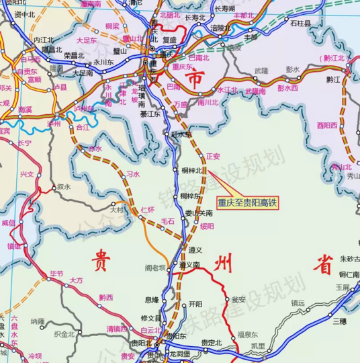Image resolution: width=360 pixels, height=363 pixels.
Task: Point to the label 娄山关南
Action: (199, 212)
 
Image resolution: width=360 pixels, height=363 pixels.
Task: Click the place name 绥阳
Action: (207, 227)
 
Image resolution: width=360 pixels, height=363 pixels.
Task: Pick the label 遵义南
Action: (189, 265)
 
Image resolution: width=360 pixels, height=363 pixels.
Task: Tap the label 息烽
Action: (152, 299)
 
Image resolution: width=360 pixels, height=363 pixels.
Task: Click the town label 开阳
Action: (195, 304)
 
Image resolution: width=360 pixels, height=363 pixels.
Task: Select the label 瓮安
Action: (238, 300)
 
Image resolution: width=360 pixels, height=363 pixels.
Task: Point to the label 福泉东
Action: (248, 334)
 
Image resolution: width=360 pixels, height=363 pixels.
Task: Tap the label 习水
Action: (133, 173)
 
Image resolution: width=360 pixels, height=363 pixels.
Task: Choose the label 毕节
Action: (56, 274)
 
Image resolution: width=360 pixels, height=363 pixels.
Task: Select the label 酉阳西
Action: (327, 125)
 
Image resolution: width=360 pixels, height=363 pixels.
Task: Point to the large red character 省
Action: (324, 265)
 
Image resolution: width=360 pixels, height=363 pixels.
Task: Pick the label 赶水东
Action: (179, 134)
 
